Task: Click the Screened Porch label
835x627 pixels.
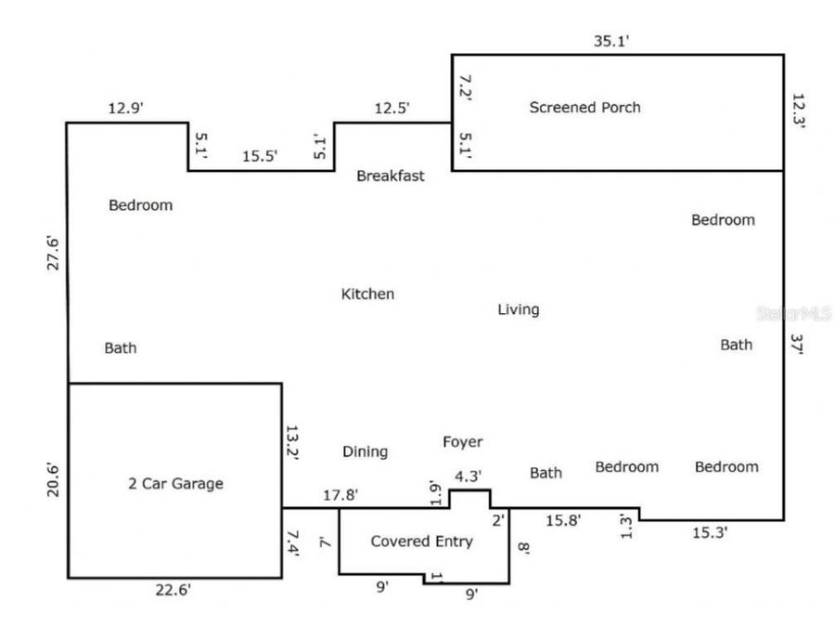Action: pyautogui.click(x=584, y=107)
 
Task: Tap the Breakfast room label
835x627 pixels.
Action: pyautogui.click(x=391, y=176)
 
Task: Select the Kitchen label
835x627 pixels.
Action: pyautogui.click(x=367, y=294)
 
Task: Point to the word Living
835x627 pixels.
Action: pyautogui.click(x=518, y=309)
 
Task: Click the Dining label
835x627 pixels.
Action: pyautogui.click(x=365, y=451)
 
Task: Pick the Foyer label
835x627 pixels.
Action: pyautogui.click(x=463, y=441)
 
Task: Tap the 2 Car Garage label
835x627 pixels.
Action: pyautogui.click(x=175, y=484)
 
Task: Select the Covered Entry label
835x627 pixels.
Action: pyautogui.click(x=422, y=542)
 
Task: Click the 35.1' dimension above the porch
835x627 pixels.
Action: pyautogui.click(x=611, y=41)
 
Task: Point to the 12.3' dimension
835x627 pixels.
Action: pyautogui.click(x=798, y=111)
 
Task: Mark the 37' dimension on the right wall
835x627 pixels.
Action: pyautogui.click(x=797, y=344)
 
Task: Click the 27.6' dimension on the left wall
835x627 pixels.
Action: pyautogui.click(x=53, y=253)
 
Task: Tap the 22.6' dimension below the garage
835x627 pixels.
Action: pyautogui.click(x=173, y=590)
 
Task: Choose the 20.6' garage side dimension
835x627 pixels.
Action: pyautogui.click(x=53, y=480)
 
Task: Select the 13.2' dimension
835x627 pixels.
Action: pyautogui.click(x=292, y=442)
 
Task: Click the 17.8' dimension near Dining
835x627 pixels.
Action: pyautogui.click(x=340, y=495)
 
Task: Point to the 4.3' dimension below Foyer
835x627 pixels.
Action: pyautogui.click(x=469, y=476)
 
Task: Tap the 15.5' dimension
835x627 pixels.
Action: pyautogui.click(x=260, y=156)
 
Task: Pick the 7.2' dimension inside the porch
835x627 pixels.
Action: pyautogui.click(x=466, y=87)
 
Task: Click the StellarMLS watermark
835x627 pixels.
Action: pyautogui.click(x=794, y=313)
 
